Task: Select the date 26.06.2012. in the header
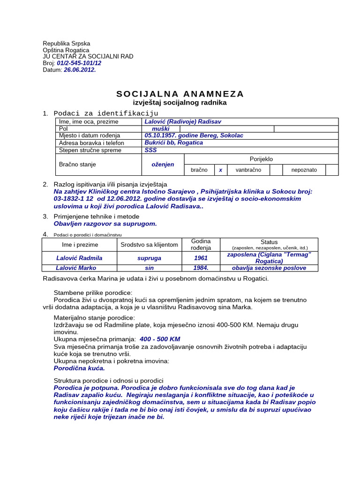tap(80, 69)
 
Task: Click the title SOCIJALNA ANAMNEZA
tap(180, 94)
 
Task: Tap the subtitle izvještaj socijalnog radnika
tap(180, 103)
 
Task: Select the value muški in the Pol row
tap(160, 128)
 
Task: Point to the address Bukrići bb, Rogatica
tap(174, 142)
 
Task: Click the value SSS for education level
tap(151, 150)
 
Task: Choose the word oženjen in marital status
tap(163, 165)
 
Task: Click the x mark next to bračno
tap(220, 170)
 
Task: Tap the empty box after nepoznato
tap(332, 170)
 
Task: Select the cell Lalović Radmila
tap(79, 258)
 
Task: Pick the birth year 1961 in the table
tap(201, 258)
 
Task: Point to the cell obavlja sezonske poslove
tap(269, 268)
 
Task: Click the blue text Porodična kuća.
tap(79, 368)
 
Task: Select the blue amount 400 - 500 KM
tap(160, 339)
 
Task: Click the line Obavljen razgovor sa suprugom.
tap(105, 224)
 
